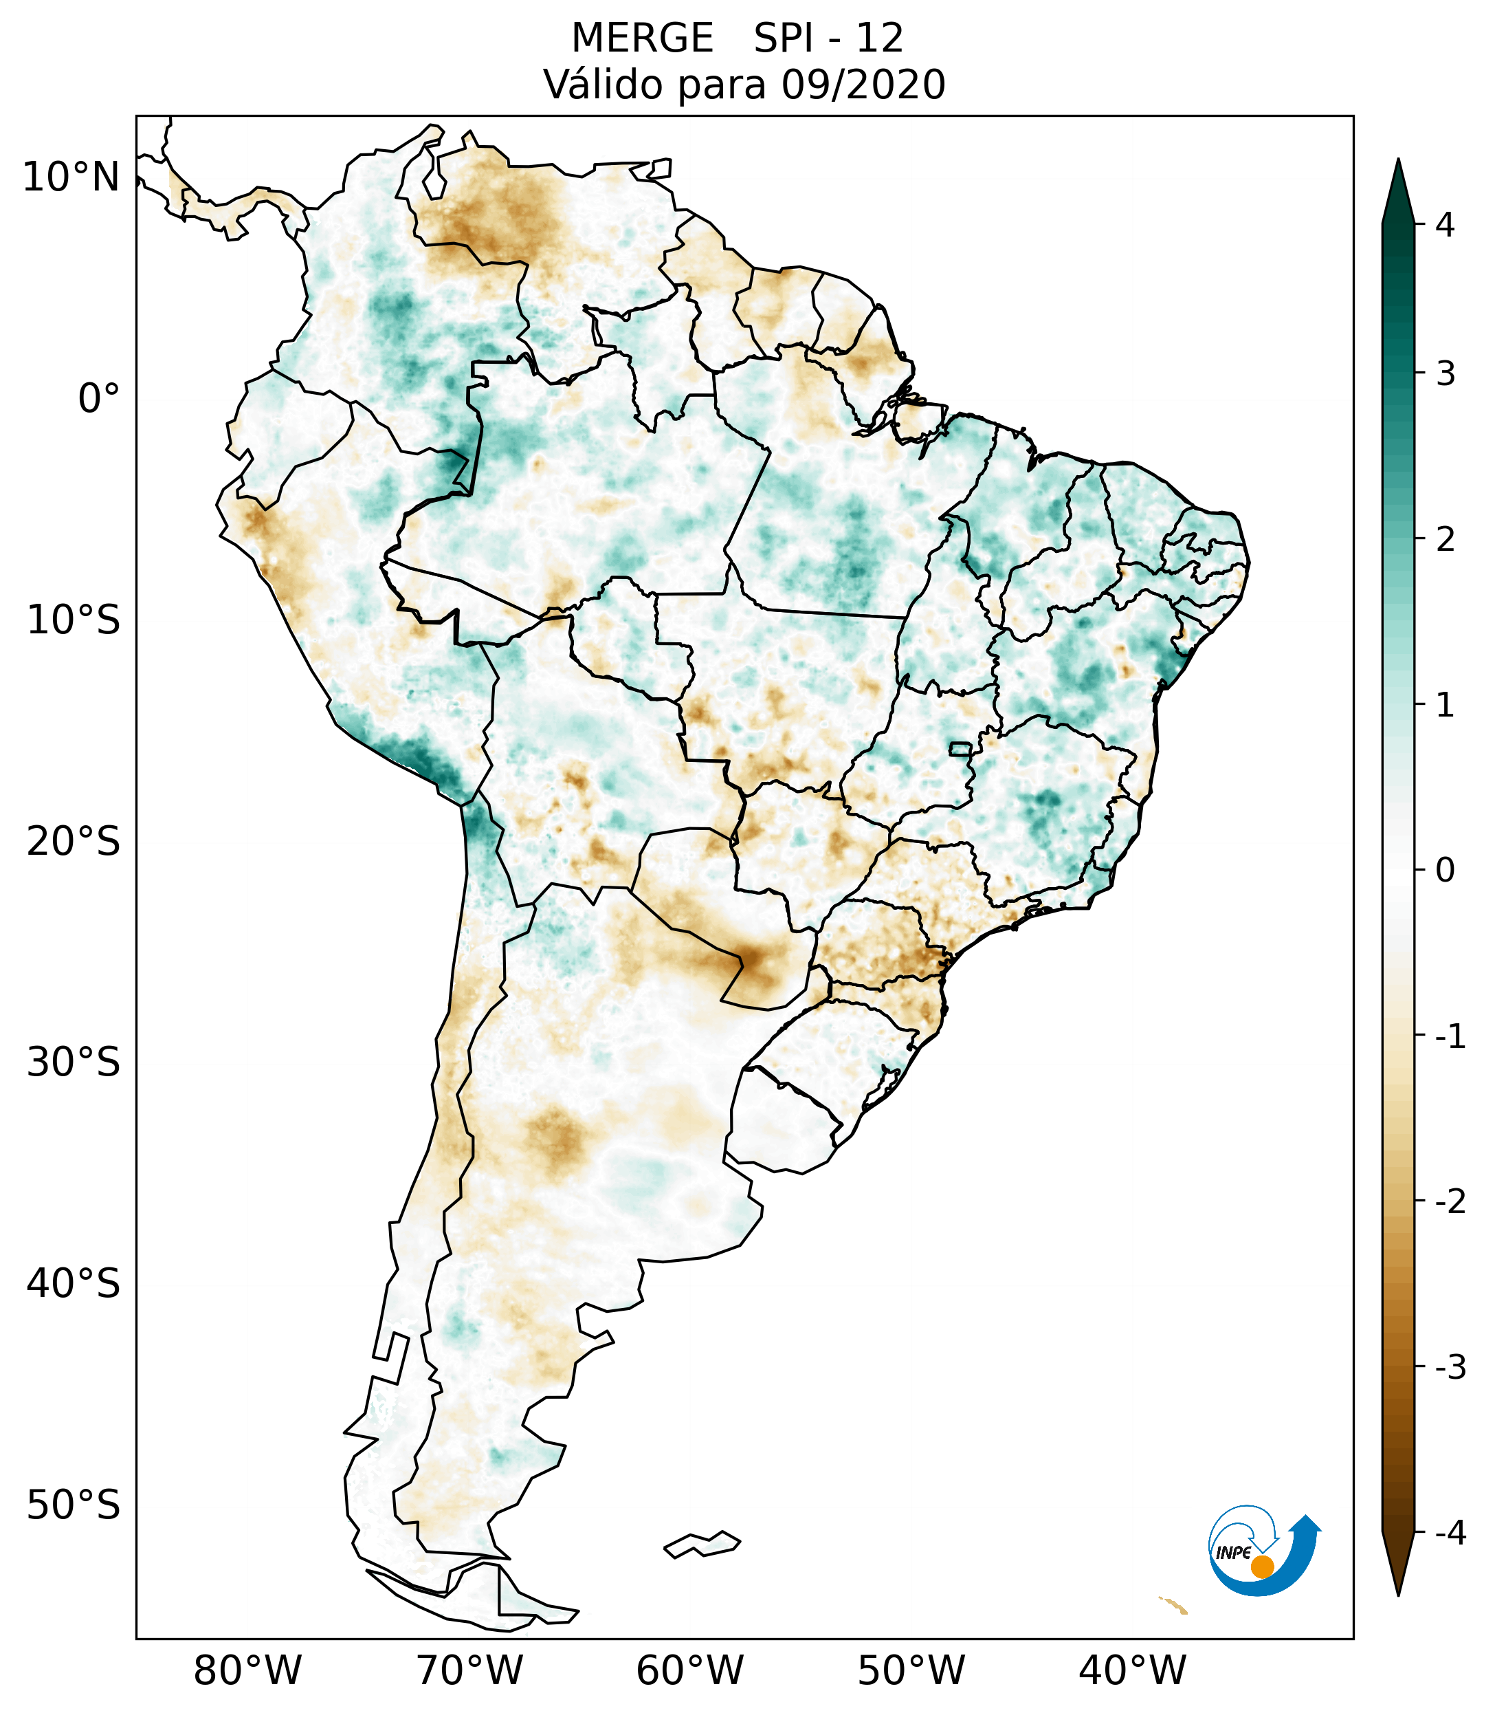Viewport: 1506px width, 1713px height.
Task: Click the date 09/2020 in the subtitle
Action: [863, 85]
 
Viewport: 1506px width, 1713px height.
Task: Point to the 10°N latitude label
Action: [71, 177]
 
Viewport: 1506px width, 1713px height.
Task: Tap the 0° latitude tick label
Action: [99, 399]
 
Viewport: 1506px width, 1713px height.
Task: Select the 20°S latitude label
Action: [74, 842]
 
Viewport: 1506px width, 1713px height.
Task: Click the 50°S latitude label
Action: [74, 1506]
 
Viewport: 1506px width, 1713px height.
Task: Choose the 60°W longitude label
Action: [689, 1670]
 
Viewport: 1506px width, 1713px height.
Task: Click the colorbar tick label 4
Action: [1445, 225]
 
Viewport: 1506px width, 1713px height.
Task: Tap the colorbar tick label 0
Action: [1445, 871]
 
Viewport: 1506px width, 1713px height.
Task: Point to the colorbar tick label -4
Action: [1450, 1533]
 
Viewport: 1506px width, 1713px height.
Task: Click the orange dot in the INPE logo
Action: [1261, 1567]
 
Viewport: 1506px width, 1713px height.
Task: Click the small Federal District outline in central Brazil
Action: [961, 748]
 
